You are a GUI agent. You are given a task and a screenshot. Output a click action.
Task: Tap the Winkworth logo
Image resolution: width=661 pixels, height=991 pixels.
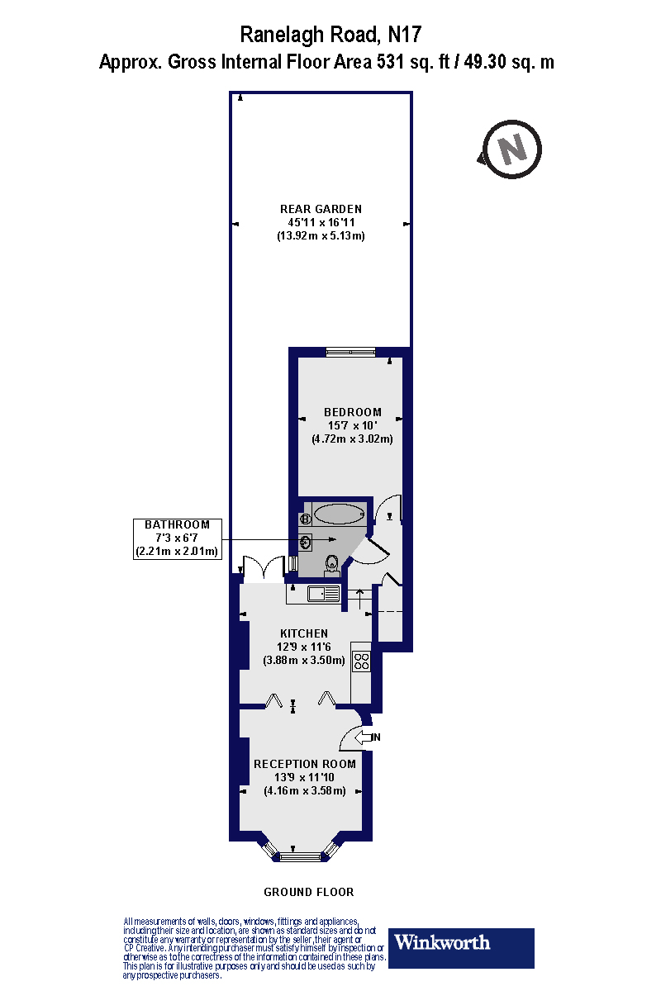pyautogui.click(x=461, y=948)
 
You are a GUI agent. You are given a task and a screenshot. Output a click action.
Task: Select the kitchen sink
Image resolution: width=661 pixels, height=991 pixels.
pyautogui.click(x=322, y=593)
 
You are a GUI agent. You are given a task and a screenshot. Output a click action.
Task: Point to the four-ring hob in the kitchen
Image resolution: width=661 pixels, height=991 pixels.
pyautogui.click(x=362, y=661)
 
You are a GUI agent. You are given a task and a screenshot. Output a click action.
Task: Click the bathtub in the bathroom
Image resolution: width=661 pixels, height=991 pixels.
pyautogui.click(x=338, y=515)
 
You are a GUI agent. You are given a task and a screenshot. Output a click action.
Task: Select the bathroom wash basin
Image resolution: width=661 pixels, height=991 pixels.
pyautogui.click(x=307, y=543)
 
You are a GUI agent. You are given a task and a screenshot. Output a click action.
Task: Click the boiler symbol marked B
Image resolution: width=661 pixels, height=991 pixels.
pyautogui.click(x=305, y=519)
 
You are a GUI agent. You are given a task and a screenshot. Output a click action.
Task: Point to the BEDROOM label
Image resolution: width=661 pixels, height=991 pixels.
pyautogui.click(x=353, y=412)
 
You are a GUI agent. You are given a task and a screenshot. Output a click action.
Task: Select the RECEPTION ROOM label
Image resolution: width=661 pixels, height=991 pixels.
pyautogui.click(x=304, y=764)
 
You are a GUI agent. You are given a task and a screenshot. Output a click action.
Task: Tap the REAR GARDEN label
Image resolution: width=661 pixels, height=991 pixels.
pyautogui.click(x=321, y=209)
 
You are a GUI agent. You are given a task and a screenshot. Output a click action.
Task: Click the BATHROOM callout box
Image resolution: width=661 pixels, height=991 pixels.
pyautogui.click(x=177, y=538)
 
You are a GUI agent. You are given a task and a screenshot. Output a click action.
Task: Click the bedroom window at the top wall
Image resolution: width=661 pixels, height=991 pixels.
pyautogui.click(x=350, y=353)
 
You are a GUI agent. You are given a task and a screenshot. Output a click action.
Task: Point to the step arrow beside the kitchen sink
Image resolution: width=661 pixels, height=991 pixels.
pyautogui.click(x=359, y=594)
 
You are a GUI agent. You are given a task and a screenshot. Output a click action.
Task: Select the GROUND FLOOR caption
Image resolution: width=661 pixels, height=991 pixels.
pyautogui.click(x=308, y=892)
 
